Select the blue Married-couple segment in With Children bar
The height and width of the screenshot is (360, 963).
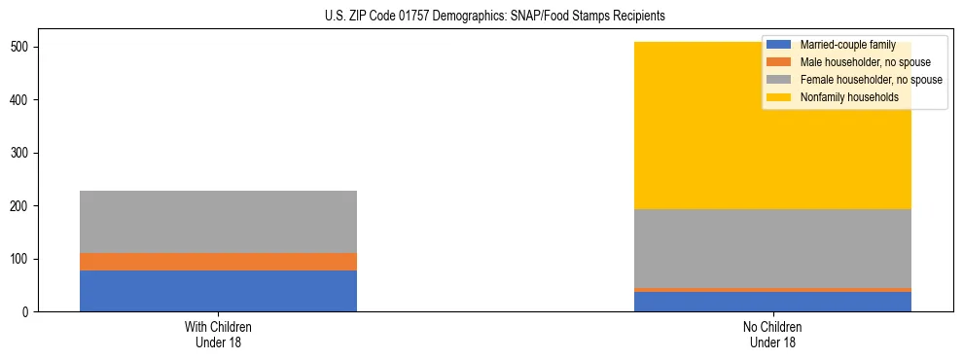(x=218, y=291)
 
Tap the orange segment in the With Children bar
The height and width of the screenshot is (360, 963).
(x=218, y=262)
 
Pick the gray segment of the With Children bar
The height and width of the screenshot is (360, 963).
(x=218, y=222)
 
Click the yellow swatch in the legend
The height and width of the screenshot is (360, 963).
(x=779, y=97)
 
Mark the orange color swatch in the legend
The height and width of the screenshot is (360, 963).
(x=779, y=62)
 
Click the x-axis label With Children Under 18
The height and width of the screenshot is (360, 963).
(x=218, y=334)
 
